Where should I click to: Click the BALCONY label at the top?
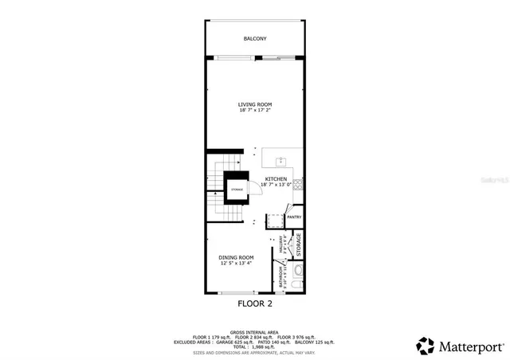pyautogui.click(x=255, y=38)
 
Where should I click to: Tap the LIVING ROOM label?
pyautogui.click(x=255, y=104)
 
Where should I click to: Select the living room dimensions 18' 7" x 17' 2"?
pyautogui.click(x=255, y=112)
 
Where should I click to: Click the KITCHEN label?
pyautogui.click(x=276, y=179)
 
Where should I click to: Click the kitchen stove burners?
pyautogui.click(x=297, y=186)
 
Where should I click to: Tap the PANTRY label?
pyautogui.click(x=294, y=216)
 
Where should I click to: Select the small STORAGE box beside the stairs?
pyautogui.click(x=237, y=190)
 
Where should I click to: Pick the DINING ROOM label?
pyautogui.click(x=236, y=257)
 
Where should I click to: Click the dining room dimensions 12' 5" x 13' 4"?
pyautogui.click(x=236, y=264)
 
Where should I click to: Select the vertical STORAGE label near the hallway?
pyautogui.click(x=299, y=244)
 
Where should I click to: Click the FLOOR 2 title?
pyautogui.click(x=255, y=303)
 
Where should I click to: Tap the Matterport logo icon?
pyautogui.click(x=426, y=346)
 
